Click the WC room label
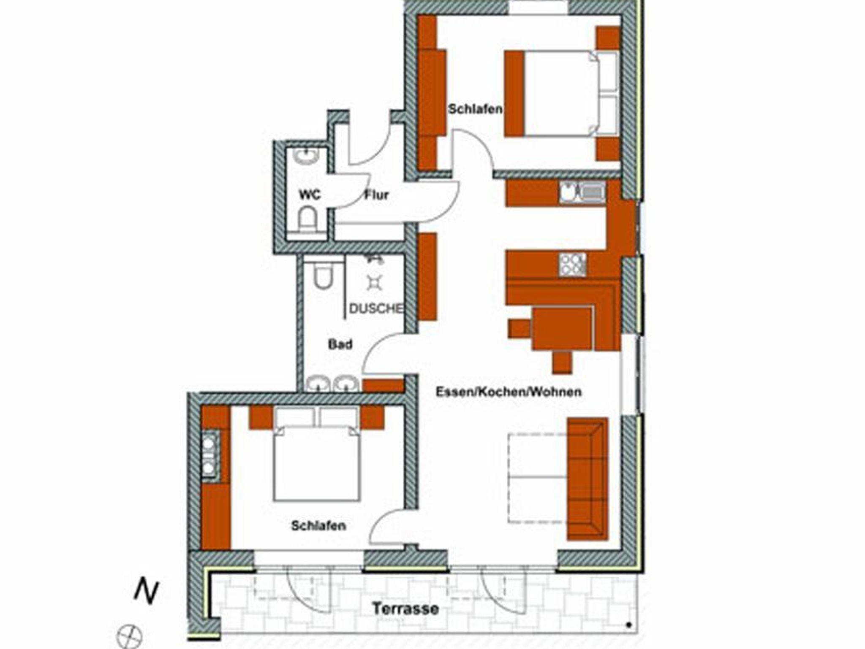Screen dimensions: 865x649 click(x=310, y=195)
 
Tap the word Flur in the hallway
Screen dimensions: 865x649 click(x=376, y=195)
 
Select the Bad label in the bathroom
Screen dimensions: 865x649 click(x=340, y=344)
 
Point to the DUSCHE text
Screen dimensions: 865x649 click(x=376, y=308)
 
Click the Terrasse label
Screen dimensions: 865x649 click(x=405, y=609)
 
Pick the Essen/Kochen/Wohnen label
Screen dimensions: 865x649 click(x=509, y=392)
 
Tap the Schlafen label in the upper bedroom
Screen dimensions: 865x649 click(x=475, y=109)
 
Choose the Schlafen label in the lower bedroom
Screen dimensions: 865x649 click(x=318, y=525)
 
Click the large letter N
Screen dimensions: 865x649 click(x=146, y=592)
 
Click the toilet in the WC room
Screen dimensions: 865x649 click(x=307, y=218)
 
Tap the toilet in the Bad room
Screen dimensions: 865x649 click(x=324, y=274)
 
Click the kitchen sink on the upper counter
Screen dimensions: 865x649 click(x=583, y=192)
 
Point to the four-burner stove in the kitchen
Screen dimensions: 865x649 click(x=573, y=265)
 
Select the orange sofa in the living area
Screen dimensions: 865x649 click(x=588, y=479)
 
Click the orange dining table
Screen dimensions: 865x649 click(x=563, y=329)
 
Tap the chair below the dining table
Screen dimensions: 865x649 click(x=562, y=362)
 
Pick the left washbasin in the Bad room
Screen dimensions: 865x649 click(x=318, y=384)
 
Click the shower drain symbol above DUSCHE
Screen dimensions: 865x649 click(x=374, y=282)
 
